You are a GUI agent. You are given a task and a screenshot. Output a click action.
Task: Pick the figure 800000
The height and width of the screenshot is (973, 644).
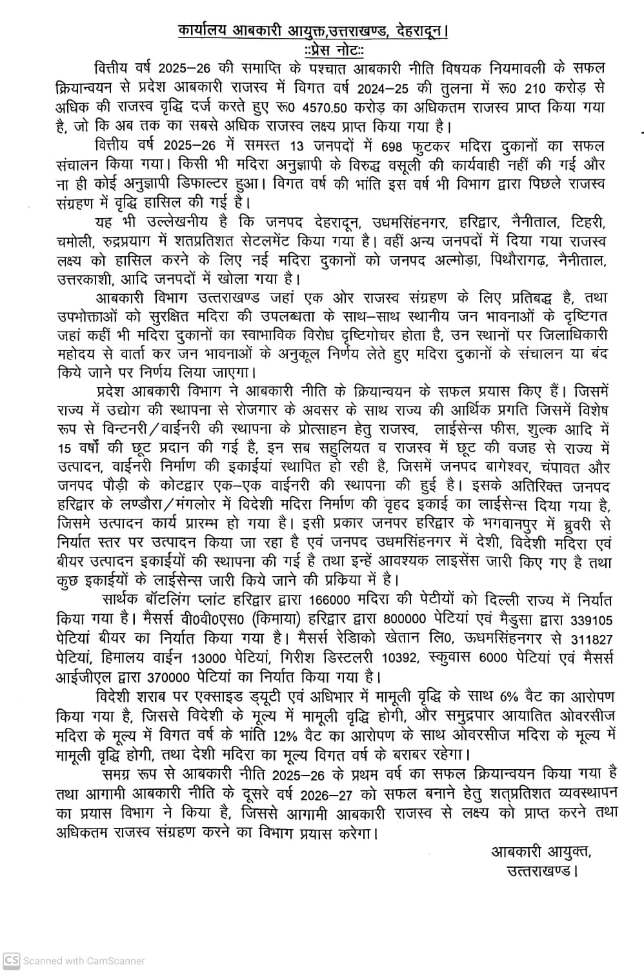tap(405, 618)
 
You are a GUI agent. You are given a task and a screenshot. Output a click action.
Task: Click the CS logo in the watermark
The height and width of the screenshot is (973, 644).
tap(12, 961)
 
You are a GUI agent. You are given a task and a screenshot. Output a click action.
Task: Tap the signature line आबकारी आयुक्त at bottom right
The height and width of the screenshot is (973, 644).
tap(541, 852)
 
